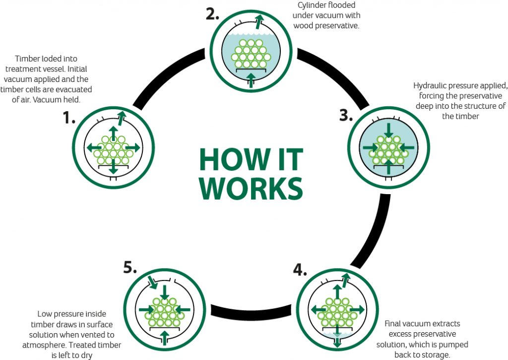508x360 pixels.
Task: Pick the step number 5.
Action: [129, 267]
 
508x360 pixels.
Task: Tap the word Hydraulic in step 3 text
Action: [430, 85]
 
